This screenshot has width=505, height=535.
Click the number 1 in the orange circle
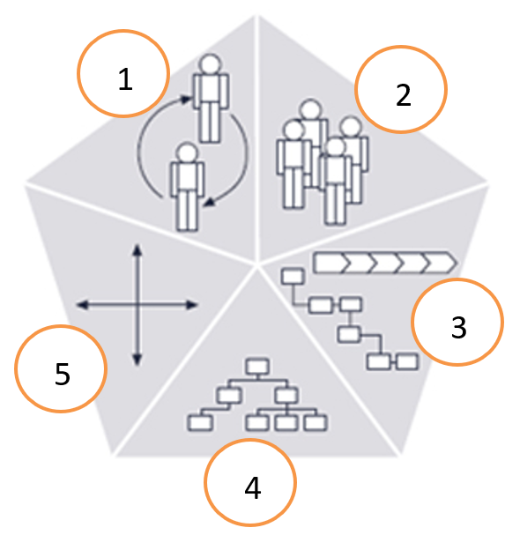pyautogui.click(x=125, y=78)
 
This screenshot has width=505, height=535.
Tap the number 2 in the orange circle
pyautogui.click(x=404, y=94)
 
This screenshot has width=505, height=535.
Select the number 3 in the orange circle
pyautogui.click(x=458, y=327)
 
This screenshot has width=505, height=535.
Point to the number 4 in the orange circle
pyautogui.click(x=253, y=487)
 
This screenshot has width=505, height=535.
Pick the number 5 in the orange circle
pyautogui.click(x=62, y=374)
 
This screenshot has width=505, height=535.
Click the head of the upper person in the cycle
pyautogui.click(x=210, y=64)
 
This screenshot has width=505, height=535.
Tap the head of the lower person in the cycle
pyautogui.click(x=187, y=152)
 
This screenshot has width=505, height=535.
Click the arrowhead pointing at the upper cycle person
pyautogui.click(x=185, y=100)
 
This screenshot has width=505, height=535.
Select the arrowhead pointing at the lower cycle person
pyautogui.click(x=209, y=202)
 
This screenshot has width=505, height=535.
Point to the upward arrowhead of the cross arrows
pyautogui.click(x=137, y=249)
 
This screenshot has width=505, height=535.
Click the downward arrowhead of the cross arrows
pyautogui.click(x=137, y=360)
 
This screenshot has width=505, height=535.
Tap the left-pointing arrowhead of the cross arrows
pyautogui.click(x=82, y=305)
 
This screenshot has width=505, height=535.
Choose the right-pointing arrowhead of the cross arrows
pyautogui.click(x=192, y=305)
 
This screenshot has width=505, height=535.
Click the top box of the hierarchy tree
pyautogui.click(x=257, y=367)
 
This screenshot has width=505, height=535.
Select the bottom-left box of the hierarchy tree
pyautogui.click(x=200, y=422)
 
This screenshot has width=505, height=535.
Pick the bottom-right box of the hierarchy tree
pyautogui.click(x=316, y=422)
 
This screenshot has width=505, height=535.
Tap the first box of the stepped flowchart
pyautogui.click(x=293, y=277)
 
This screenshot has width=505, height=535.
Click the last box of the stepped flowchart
pyautogui.click(x=407, y=361)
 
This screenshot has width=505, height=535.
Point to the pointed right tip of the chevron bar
pyautogui.click(x=456, y=263)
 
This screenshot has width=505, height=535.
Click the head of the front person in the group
pyautogui.click(x=336, y=147)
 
